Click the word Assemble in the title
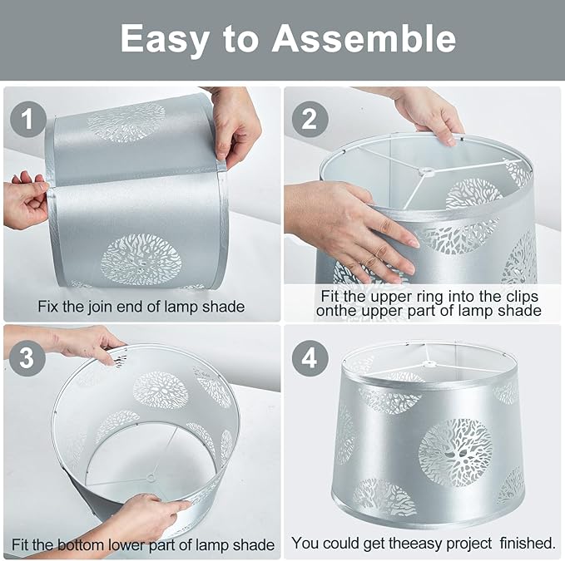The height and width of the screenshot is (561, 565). [364, 38]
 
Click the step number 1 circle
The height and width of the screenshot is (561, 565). [28, 119]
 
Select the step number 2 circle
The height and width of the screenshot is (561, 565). [310, 119]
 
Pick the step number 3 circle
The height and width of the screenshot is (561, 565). [27, 358]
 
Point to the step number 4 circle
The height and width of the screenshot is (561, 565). [310, 359]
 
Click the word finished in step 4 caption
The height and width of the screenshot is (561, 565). [528, 543]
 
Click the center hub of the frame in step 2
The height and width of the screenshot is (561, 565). [426, 171]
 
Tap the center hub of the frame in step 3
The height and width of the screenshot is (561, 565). [151, 478]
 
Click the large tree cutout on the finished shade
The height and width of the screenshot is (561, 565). [455, 452]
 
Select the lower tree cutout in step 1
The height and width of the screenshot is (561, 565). [141, 260]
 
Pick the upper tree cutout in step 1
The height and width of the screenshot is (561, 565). [126, 121]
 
